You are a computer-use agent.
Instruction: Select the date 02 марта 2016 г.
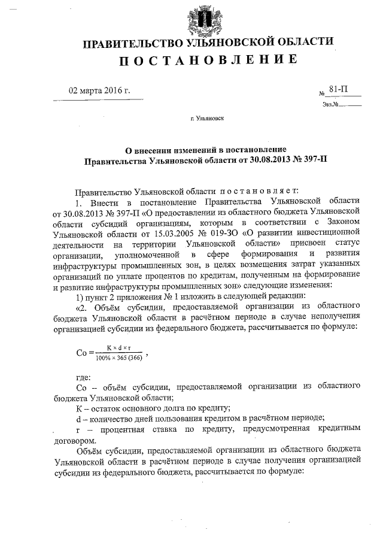(99, 91)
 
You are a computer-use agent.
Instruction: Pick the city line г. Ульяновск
(206, 119)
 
